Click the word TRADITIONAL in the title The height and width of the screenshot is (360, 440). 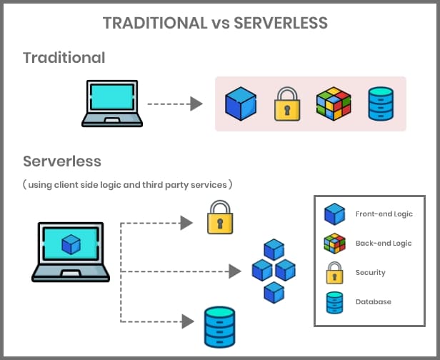click(x=154, y=23)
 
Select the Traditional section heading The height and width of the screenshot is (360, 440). click(x=64, y=58)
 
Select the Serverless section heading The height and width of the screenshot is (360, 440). click(x=62, y=161)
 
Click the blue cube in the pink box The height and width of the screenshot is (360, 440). click(x=240, y=104)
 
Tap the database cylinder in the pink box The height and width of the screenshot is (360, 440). click(x=379, y=104)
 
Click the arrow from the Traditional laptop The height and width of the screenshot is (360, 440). click(x=175, y=104)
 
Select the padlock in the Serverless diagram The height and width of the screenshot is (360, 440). click(x=220, y=217)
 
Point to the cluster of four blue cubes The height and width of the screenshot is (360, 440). click(x=274, y=271)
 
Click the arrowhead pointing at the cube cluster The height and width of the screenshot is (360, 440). click(x=234, y=271)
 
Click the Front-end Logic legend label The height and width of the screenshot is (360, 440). click(x=384, y=214)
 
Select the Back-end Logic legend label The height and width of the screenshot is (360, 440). click(x=384, y=244)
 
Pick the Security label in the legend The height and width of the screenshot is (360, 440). click(x=370, y=273)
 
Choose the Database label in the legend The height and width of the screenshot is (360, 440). click(x=373, y=302)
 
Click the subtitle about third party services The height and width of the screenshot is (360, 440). click(x=128, y=184)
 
